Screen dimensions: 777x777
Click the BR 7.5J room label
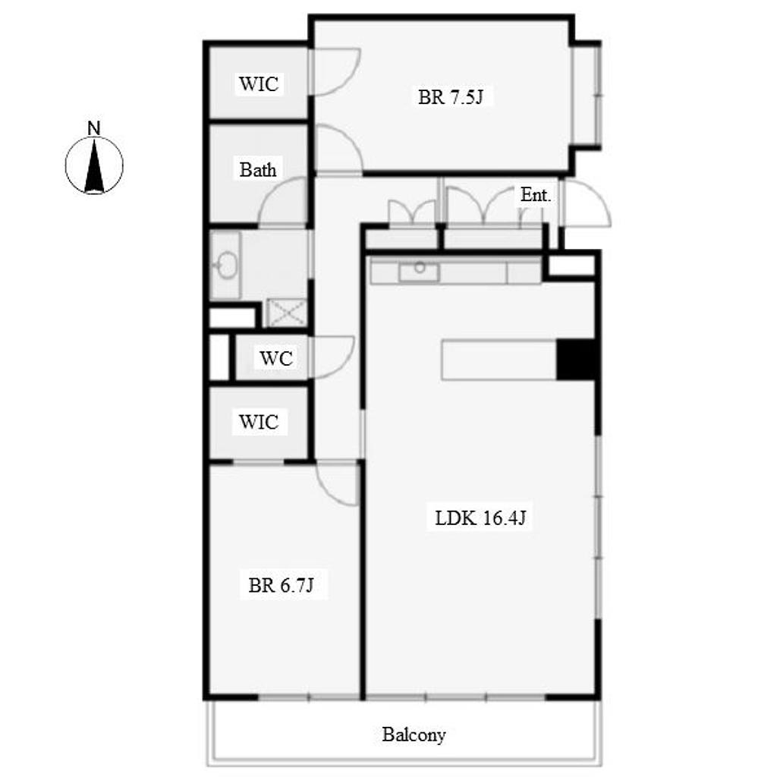450,96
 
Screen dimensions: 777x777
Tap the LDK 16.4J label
480,517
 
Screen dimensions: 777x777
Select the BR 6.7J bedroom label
281,585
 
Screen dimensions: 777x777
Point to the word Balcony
414,735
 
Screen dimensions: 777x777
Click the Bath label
258,170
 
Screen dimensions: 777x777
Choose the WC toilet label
276,358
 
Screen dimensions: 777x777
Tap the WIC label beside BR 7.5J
259,83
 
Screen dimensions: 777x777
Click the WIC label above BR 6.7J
259,422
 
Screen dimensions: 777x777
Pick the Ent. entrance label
536,195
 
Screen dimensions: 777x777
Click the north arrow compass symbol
94,165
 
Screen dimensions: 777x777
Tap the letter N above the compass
93,128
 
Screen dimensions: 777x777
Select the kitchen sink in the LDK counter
419,272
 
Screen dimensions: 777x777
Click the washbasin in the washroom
226,265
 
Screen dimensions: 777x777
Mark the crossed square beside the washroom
287,313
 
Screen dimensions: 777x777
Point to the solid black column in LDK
575,359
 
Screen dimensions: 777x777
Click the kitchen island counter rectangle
499,360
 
